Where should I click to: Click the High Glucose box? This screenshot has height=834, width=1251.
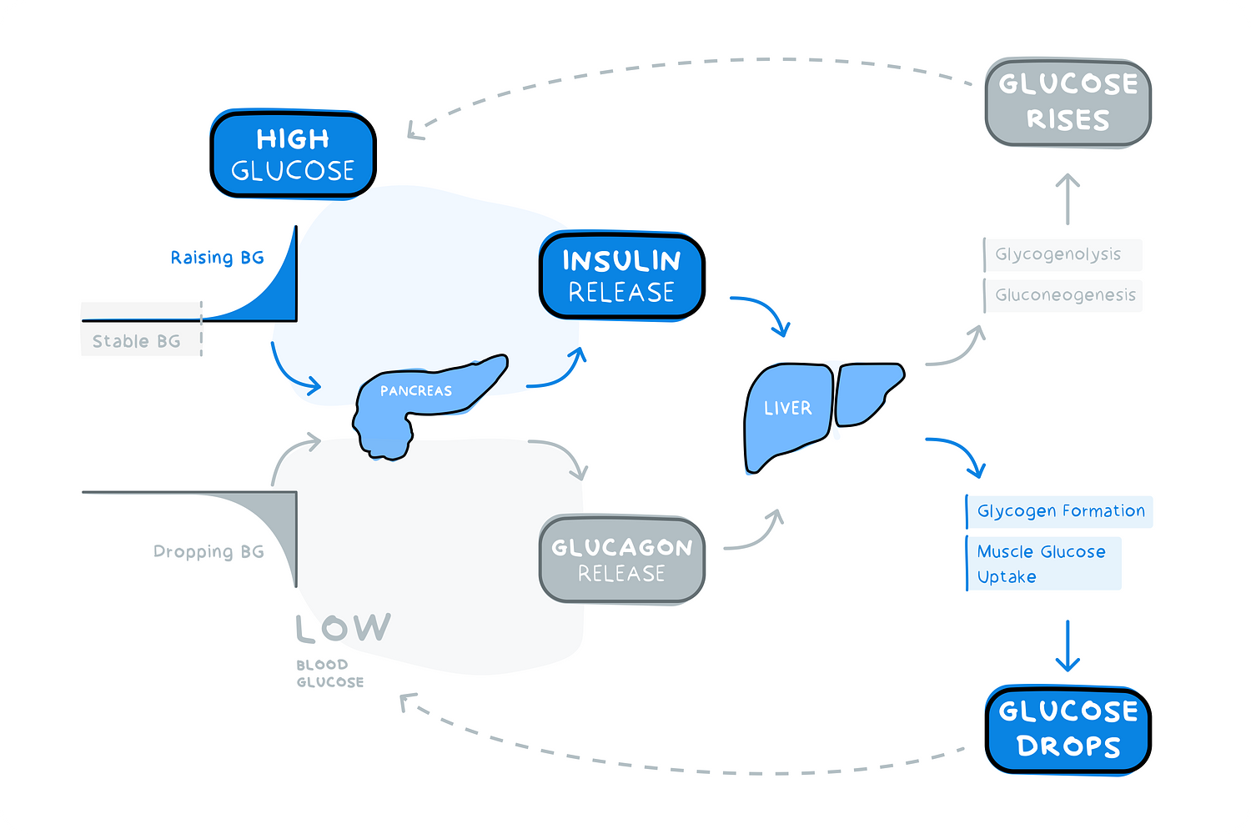[293, 154]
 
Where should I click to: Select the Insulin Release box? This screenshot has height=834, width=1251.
[622, 276]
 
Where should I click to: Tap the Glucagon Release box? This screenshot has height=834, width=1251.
[622, 560]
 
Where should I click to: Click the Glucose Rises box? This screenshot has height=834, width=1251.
[1068, 102]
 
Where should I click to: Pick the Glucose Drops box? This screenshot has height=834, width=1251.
[1068, 729]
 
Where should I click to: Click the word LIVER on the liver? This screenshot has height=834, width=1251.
[787, 408]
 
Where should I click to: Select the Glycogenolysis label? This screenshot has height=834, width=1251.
[1058, 254]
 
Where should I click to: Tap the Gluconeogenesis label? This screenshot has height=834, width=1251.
[1065, 295]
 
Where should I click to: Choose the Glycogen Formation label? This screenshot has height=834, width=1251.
[1061, 511]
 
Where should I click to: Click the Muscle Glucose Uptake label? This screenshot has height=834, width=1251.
[1042, 564]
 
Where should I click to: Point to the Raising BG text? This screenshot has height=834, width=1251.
[217, 258]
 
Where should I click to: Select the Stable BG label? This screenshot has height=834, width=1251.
[137, 341]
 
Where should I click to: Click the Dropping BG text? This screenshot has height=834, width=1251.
[208, 552]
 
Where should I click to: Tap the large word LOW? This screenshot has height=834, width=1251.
[343, 628]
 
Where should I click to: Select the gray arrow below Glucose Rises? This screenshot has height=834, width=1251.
[1068, 198]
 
